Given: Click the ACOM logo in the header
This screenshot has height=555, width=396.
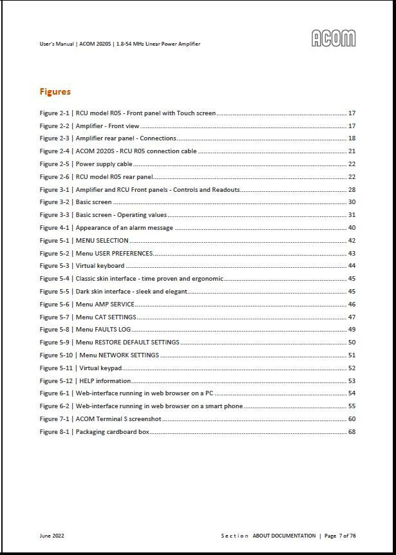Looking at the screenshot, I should (334, 38).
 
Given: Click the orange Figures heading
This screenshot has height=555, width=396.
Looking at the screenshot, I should (55, 91).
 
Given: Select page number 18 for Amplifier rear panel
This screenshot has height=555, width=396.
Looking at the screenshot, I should (352, 138).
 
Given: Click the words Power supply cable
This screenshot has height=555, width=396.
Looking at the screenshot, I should (104, 164).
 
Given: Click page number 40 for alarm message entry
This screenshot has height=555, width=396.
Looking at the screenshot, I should (352, 228).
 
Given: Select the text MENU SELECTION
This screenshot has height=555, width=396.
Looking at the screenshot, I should (102, 241).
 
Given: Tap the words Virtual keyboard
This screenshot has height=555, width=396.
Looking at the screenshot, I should (100, 266).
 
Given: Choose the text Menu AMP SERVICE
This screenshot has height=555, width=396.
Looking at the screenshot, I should (105, 305).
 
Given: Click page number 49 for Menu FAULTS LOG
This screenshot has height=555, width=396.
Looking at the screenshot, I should (352, 330).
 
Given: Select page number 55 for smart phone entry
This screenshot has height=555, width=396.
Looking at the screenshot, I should (352, 406).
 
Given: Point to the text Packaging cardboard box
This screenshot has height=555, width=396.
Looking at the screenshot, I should (112, 432).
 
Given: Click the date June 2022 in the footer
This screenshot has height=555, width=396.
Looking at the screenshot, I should (52, 536).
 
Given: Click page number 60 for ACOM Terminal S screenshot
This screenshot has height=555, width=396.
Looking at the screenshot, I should (352, 419).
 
